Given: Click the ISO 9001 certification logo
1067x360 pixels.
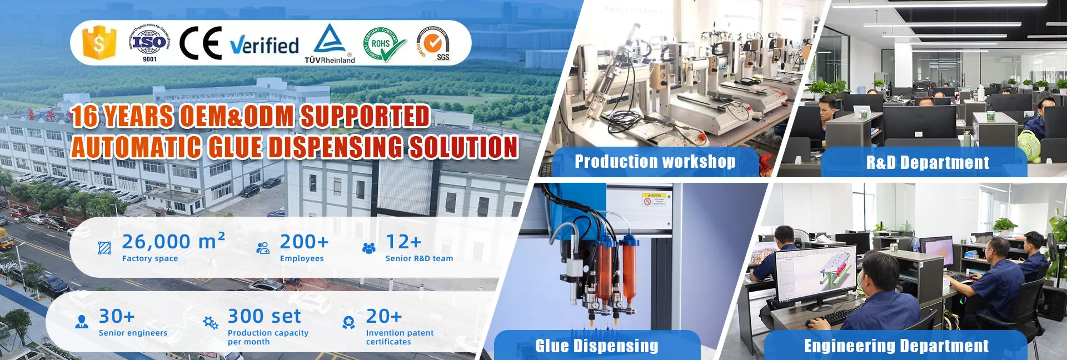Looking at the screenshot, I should [x=149, y=43].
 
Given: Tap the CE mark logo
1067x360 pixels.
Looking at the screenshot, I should [x=201, y=43].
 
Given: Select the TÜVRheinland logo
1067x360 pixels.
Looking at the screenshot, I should [x=330, y=44].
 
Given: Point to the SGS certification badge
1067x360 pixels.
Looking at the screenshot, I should [x=434, y=43].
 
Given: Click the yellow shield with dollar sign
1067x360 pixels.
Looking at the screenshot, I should [x=99, y=43].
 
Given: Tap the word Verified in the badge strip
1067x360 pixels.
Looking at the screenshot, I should [x=265, y=45].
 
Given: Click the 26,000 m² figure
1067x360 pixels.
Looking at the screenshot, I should [x=173, y=242].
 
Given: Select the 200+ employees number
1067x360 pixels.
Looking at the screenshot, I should [x=304, y=242].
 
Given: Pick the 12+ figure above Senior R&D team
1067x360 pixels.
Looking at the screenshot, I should [x=403, y=242].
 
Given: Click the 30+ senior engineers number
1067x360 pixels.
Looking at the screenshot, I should [x=117, y=316].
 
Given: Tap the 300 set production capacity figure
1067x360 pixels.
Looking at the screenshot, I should [x=264, y=316].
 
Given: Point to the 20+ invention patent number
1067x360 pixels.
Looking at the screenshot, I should [x=383, y=316].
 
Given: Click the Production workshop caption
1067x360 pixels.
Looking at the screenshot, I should [x=655, y=162].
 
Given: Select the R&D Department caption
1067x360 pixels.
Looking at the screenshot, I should [x=928, y=162].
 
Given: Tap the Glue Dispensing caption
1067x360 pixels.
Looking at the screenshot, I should [x=596, y=346].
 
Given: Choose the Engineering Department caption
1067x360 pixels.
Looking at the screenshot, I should [x=896, y=346].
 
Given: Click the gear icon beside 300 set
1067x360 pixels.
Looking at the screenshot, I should [x=211, y=323].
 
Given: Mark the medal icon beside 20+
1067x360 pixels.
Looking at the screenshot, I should [x=348, y=323].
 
